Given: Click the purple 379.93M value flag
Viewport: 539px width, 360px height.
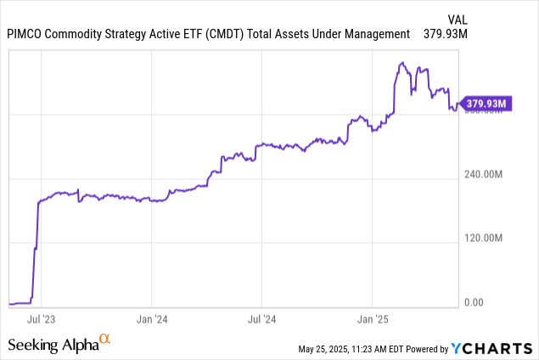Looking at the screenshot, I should [486, 104].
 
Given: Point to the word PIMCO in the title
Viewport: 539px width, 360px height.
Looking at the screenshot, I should [26, 34].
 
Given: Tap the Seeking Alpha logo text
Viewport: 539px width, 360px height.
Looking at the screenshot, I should [51, 344].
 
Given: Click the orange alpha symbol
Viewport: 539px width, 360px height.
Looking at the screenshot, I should [105, 340].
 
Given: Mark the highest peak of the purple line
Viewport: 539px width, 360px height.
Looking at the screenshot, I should [402, 63].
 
